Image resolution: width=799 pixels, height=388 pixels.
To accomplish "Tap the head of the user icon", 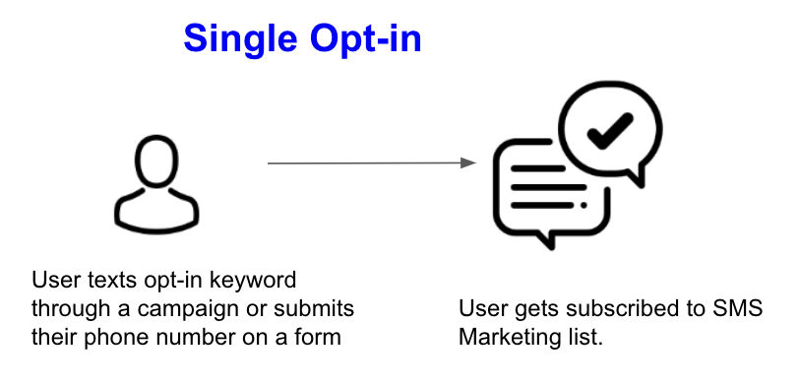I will tap(157, 158).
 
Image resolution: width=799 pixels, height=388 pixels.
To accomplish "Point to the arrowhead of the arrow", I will tap(470, 163).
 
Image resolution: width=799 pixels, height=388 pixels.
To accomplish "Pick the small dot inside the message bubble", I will tap(584, 205).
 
